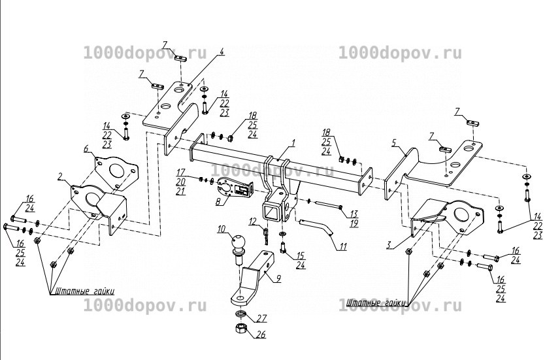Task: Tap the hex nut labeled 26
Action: tap(240, 328)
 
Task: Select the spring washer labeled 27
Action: tap(240, 314)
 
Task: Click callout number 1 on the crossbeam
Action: tap(293, 143)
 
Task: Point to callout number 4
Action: tap(222, 52)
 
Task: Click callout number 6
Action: tap(86, 148)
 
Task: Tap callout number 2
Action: tap(60, 176)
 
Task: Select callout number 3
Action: tap(389, 245)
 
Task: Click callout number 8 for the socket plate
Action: tap(218, 201)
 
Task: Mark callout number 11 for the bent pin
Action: tap(343, 247)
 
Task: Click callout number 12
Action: tap(253, 221)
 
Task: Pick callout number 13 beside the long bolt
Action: tap(354, 214)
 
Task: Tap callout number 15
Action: tap(300, 255)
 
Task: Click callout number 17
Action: tap(181, 172)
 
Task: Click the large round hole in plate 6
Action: tap(116, 169)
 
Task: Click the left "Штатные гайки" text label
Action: tap(82, 291)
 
